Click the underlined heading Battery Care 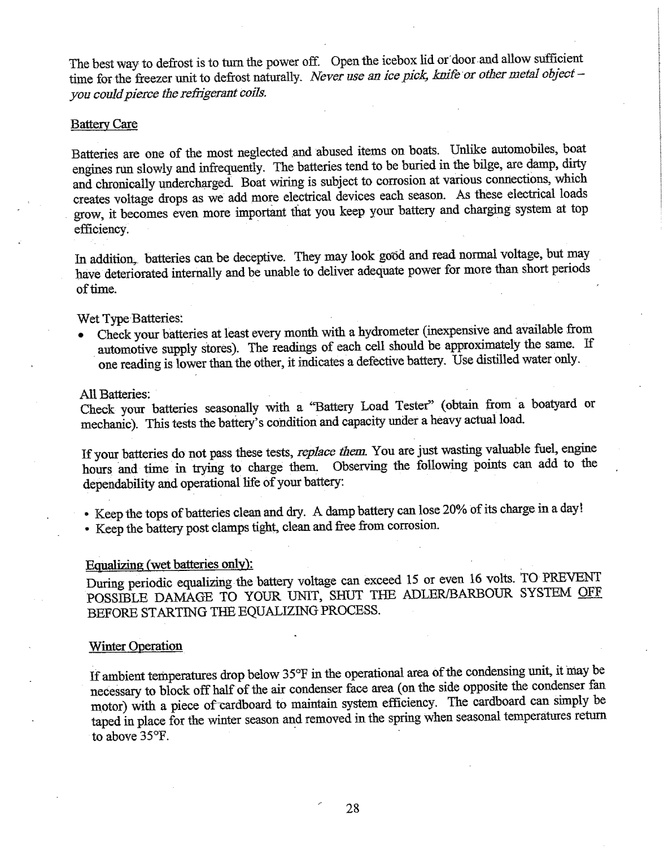[104, 124]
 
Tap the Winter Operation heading [136, 646]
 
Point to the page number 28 [352, 808]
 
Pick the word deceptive [260, 259]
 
